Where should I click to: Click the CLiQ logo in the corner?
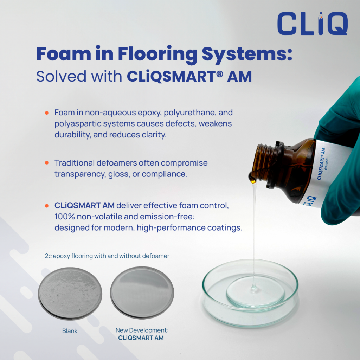click(x=312, y=24)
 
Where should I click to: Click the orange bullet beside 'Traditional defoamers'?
click(x=46, y=163)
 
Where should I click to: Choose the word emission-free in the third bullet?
click(x=162, y=217)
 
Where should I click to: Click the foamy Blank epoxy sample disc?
click(x=70, y=293)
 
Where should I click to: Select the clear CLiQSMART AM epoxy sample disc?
click(x=142, y=292)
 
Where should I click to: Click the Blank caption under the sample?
click(x=70, y=331)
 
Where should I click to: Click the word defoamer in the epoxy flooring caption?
click(x=156, y=256)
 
